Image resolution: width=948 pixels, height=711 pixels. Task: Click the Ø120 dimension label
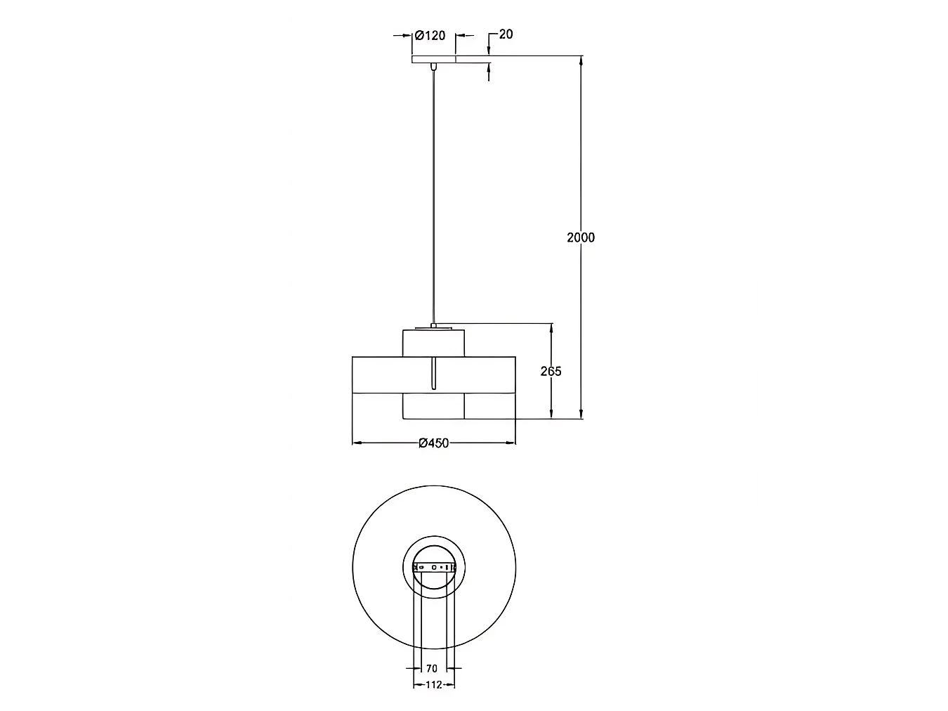(430, 35)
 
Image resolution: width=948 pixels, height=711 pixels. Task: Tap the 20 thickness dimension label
(506, 34)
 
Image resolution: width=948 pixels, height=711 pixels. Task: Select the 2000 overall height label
(581, 237)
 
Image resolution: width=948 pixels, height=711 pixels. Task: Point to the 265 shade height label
(551, 371)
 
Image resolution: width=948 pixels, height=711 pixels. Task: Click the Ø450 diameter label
(433, 443)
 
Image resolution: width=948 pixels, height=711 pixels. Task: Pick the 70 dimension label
(432, 669)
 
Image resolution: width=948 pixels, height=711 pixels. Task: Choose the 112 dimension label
(434, 684)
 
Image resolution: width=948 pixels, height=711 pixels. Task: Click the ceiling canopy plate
(433, 60)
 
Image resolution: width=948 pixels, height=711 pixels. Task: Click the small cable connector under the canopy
(433, 67)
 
